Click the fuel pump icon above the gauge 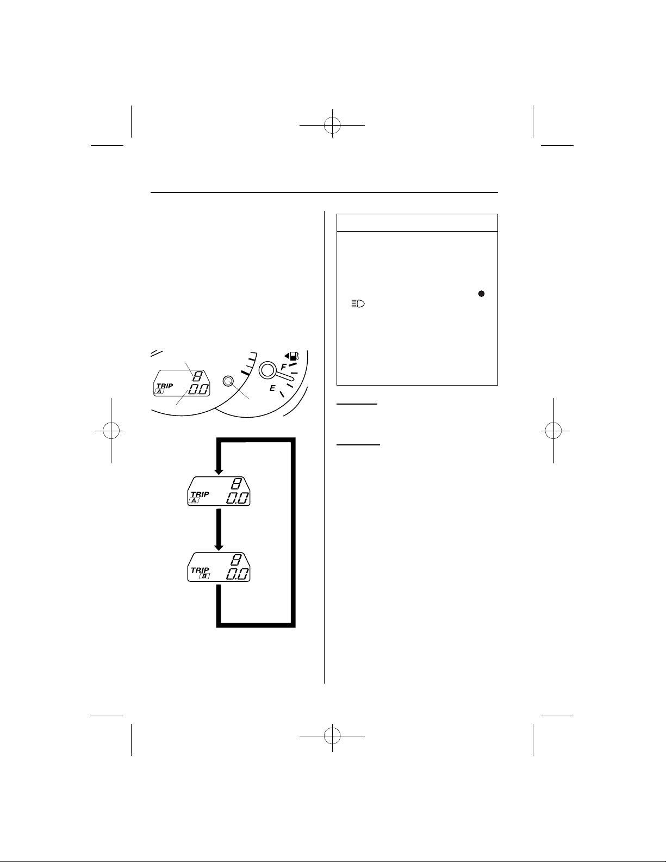tap(294, 356)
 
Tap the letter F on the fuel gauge tap(283, 367)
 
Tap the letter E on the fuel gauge tap(272, 388)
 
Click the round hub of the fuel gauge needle tap(267, 370)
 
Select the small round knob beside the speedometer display tap(228, 381)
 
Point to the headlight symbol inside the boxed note tap(358, 304)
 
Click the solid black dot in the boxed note tap(481, 294)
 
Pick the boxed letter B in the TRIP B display tap(204, 576)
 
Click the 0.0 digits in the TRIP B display tap(238, 574)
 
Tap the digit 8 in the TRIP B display tap(236, 560)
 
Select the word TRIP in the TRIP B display tap(200, 570)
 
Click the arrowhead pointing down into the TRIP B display tap(219, 548)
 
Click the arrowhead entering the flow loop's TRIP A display tap(219, 472)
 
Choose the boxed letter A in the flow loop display tap(194, 501)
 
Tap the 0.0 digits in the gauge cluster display tap(198, 389)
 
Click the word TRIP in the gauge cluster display tap(165, 386)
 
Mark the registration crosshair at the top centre tap(332, 125)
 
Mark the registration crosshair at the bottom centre tap(332, 736)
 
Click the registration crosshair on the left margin tap(111, 430)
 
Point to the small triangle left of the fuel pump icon tap(287, 356)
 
